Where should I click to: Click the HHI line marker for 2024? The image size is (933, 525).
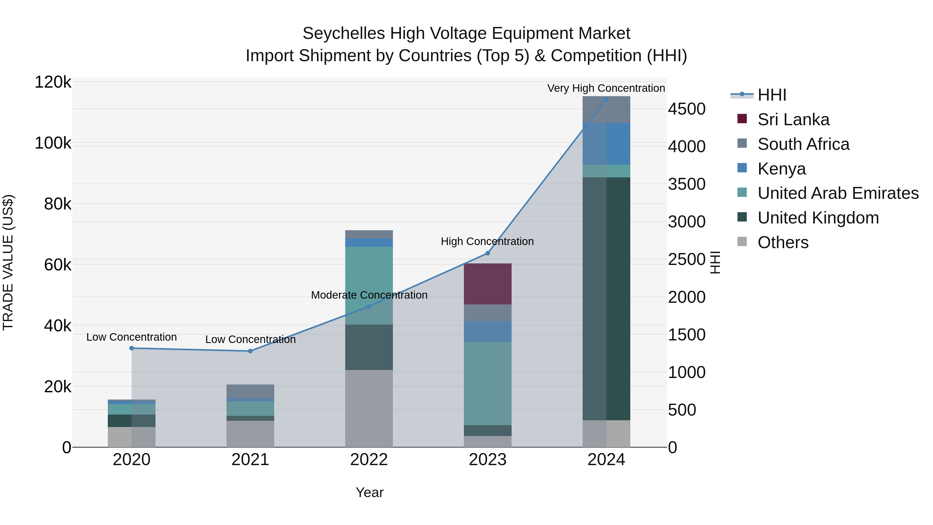[x=606, y=99]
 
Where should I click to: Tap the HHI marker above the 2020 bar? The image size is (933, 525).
[x=131, y=348]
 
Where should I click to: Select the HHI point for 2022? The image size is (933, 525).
[x=369, y=306]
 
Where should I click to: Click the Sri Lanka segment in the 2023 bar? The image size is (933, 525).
[x=487, y=284]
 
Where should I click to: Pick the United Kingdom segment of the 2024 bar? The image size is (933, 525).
[x=606, y=299]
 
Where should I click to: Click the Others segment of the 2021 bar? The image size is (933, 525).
[x=250, y=434]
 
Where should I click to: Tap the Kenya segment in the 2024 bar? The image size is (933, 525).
[x=606, y=144]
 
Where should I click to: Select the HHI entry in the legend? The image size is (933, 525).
[x=772, y=95]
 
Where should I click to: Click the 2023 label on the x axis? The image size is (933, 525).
[x=487, y=460]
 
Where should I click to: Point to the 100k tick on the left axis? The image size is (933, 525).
[x=53, y=143]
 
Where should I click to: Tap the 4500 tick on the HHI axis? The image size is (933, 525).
[x=686, y=109]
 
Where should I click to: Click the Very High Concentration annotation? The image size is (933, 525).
[x=606, y=88]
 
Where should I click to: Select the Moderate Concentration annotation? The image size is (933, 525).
[x=369, y=295]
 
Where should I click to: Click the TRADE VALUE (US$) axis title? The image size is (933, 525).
[x=8, y=262]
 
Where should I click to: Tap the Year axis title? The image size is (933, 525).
[x=369, y=492]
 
